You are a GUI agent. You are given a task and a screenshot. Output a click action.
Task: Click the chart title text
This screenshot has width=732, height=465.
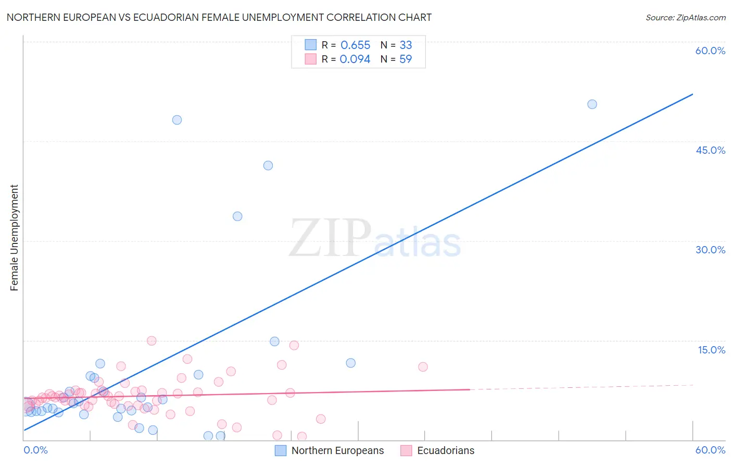tap(219, 17)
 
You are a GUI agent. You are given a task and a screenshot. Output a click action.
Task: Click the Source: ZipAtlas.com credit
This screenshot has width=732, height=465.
tap(685, 18)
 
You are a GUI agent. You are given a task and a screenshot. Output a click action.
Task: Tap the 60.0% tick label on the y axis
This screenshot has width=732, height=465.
tap(710, 51)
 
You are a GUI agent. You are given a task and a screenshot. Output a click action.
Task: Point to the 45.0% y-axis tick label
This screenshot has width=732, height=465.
tap(710, 150)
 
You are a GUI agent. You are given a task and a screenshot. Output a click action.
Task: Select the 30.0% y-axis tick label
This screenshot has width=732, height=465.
tap(710, 250)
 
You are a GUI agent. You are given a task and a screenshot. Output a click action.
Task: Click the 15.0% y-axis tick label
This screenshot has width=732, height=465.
tap(711, 350)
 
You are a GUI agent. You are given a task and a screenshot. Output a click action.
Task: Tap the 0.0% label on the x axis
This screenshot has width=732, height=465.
tap(35, 450)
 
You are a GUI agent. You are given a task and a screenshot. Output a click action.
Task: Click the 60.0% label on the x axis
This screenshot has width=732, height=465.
tap(710, 450)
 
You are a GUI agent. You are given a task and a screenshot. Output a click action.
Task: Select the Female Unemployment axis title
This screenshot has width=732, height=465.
tap(14, 238)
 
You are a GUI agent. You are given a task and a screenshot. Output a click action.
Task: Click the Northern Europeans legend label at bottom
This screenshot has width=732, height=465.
tap(337, 450)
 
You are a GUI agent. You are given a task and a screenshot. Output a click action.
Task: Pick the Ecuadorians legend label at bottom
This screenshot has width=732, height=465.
tap(446, 450)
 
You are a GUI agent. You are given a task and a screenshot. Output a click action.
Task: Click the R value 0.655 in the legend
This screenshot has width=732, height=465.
tap(355, 45)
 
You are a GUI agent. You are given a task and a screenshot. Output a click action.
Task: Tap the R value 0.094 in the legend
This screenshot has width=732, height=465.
tap(355, 59)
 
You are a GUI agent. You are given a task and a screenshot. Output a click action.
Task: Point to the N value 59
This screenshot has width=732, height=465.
tap(406, 59)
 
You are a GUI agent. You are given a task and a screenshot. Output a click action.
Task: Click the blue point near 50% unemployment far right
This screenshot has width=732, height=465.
tap(592, 104)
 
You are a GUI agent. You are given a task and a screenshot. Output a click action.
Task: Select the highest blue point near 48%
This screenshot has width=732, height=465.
tap(177, 120)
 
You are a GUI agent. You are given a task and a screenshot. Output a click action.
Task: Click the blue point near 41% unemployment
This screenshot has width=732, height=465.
tap(268, 166)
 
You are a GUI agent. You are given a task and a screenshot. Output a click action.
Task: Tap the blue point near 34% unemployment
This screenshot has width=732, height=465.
tap(237, 216)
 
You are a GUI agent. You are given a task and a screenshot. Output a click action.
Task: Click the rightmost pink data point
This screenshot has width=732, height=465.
tap(423, 367)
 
